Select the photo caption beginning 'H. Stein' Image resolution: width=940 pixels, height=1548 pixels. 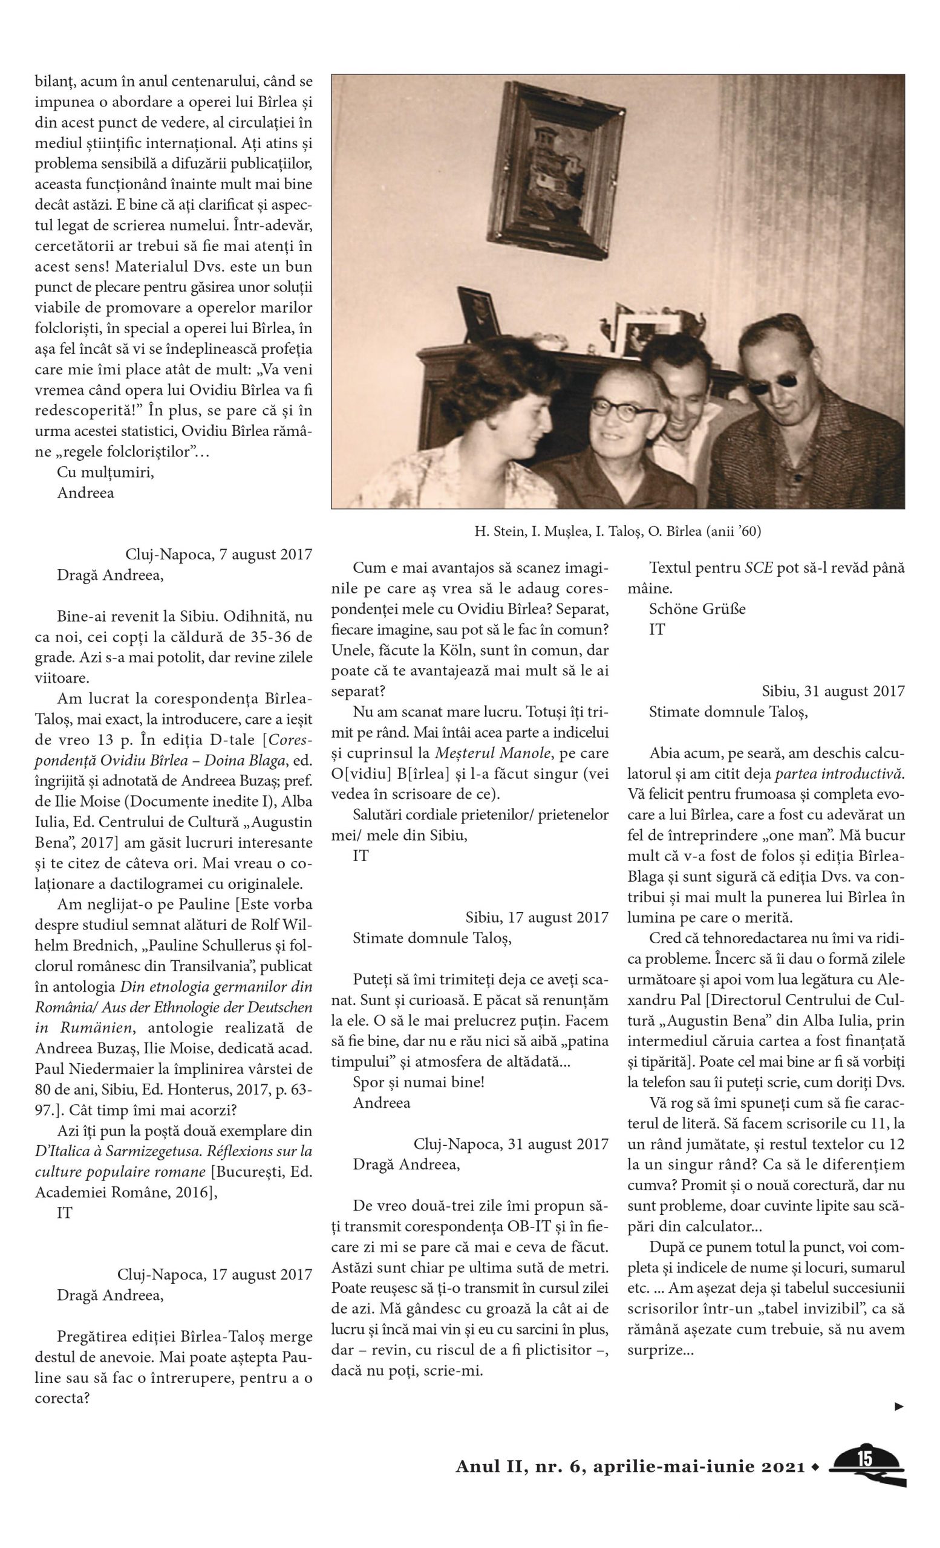[x=618, y=532]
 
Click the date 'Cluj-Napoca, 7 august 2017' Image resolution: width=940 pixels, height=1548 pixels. [x=218, y=554]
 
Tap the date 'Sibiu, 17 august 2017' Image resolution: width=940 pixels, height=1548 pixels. [x=537, y=917]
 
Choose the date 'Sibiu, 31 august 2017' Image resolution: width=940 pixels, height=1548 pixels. [x=833, y=691]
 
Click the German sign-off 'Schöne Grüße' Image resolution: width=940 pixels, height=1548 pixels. [x=697, y=609]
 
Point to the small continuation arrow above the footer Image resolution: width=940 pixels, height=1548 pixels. [x=899, y=1406]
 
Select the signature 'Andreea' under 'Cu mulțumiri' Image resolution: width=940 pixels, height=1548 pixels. [x=85, y=493]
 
